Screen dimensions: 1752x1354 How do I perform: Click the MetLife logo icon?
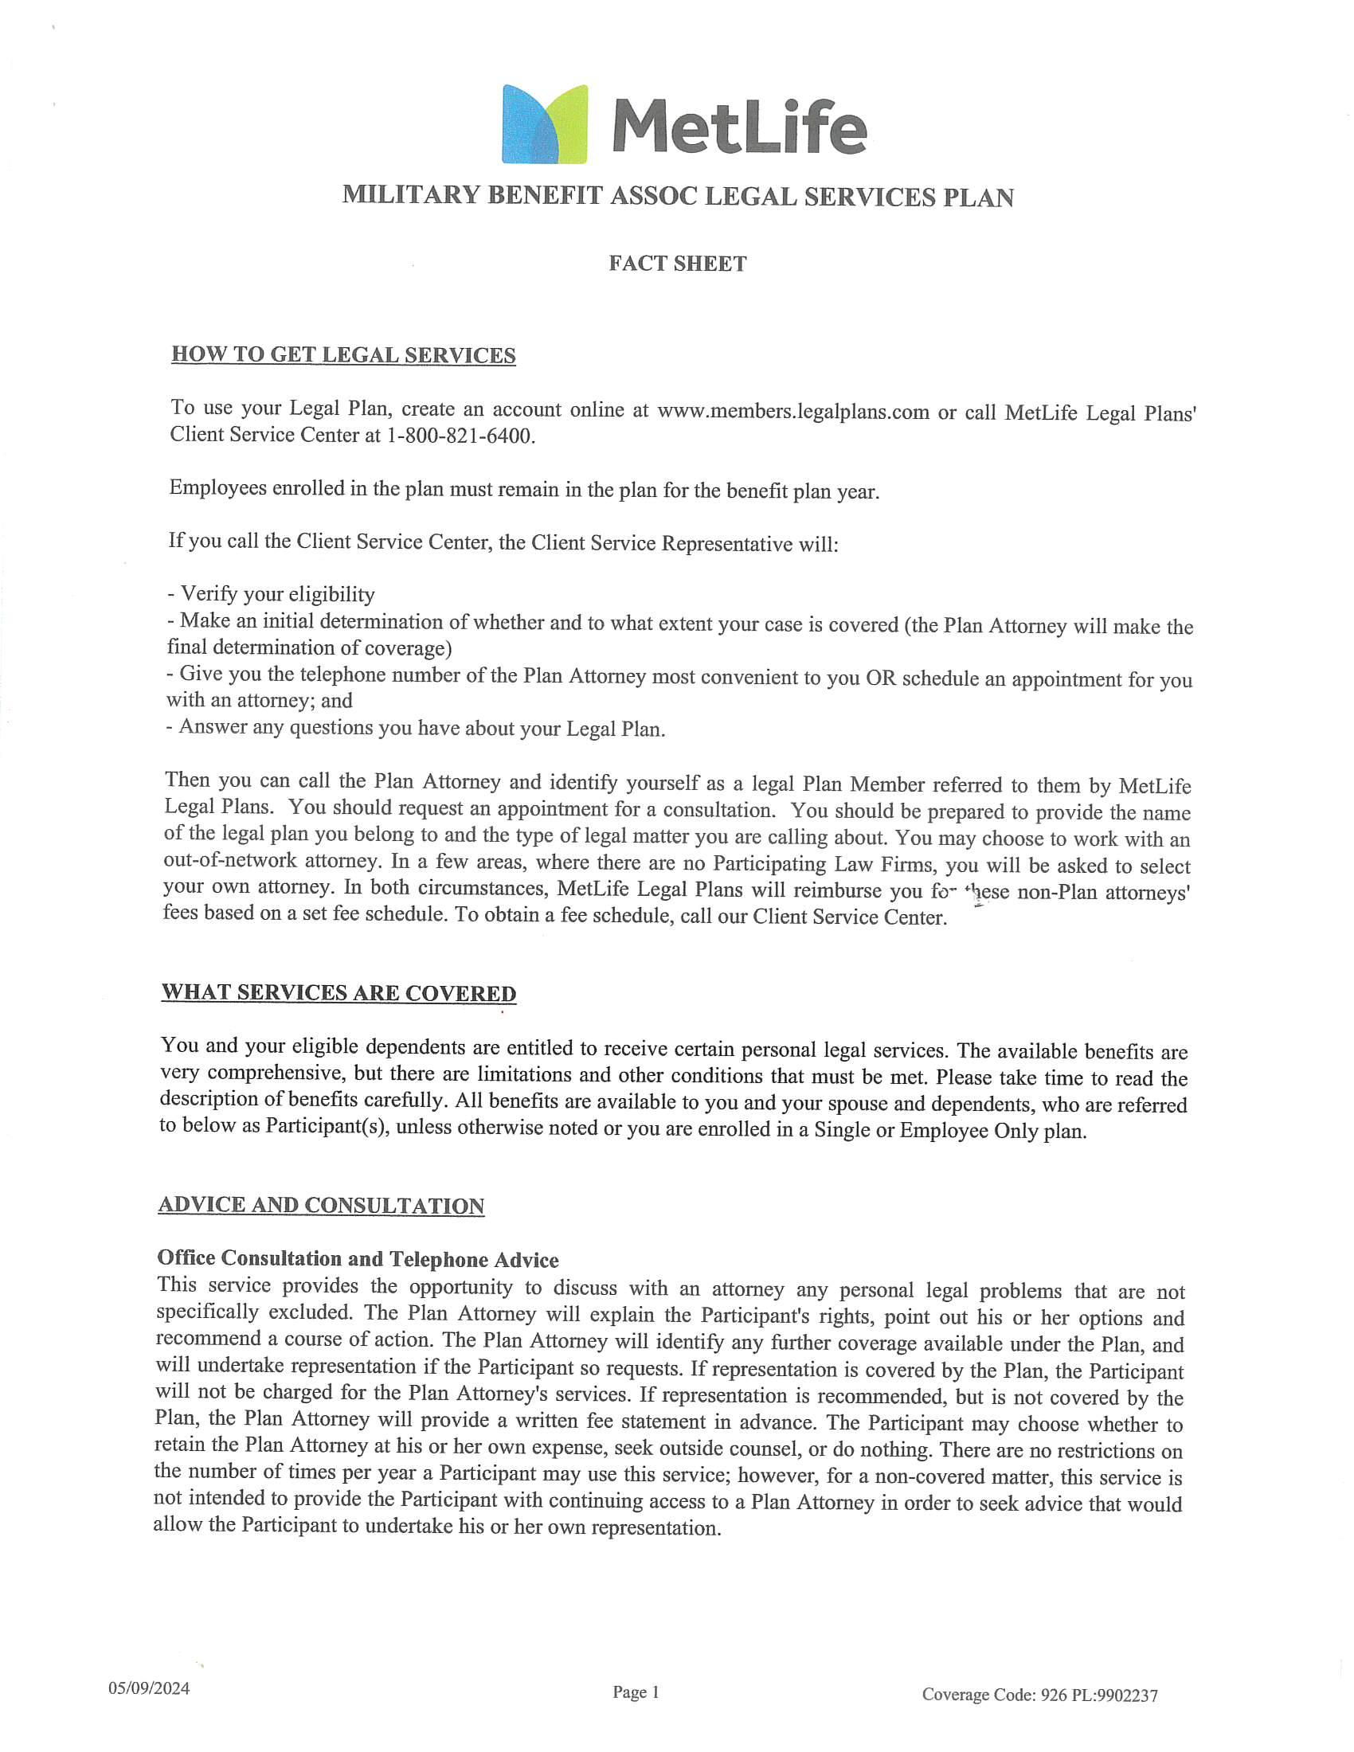coord(545,124)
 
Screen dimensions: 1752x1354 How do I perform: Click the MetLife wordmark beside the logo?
coord(739,127)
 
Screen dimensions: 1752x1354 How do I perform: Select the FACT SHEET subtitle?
coord(677,264)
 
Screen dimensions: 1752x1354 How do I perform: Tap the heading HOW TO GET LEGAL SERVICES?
coord(343,355)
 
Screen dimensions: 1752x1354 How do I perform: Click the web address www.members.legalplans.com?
coord(792,413)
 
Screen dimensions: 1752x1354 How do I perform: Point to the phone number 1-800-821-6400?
coord(460,437)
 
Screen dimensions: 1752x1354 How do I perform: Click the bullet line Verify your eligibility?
coord(271,594)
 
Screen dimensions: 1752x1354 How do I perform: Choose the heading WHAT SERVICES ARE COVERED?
coord(338,993)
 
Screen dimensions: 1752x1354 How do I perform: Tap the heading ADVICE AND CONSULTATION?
coord(321,1206)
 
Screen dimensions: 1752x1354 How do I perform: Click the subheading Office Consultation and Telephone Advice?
coord(358,1260)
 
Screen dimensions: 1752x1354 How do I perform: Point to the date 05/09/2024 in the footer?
coord(149,1688)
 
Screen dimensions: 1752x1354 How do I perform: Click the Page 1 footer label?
coord(636,1691)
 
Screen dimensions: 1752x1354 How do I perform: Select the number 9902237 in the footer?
coord(1126,1695)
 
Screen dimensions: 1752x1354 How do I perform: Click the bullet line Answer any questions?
coord(416,729)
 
